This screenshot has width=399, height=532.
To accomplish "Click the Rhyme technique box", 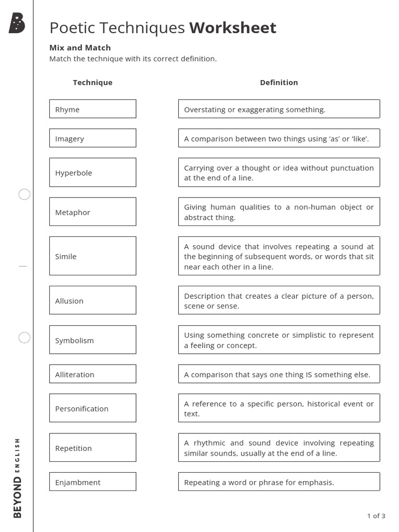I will coord(92,109).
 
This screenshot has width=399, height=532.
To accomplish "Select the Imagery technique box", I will coord(92,138).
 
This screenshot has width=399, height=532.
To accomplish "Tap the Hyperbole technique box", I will coord(92,172).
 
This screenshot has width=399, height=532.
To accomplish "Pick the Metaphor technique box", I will coord(92,212).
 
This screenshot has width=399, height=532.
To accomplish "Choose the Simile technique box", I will coord(92,256).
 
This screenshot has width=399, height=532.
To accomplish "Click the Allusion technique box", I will coord(92,300).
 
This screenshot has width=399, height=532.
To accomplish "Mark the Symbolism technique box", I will coord(92,340).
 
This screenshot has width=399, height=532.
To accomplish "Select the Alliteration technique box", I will coord(92,374).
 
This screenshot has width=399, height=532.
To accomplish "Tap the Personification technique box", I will coord(92,408).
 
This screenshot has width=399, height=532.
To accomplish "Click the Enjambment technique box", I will coord(92,482).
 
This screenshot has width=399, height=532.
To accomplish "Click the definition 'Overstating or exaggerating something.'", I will coord(278,109).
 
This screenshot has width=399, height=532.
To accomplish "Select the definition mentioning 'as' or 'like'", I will coord(278,138).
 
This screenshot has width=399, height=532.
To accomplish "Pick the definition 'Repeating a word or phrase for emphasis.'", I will coord(278,482).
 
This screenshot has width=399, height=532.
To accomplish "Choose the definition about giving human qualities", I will coord(278,212).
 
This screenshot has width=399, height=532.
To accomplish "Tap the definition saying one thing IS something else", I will coord(278,374).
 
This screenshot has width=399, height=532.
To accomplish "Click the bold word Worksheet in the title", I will coord(232,28).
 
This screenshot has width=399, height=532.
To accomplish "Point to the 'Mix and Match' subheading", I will coord(80,47).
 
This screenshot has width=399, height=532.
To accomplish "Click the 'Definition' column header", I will coord(279,82).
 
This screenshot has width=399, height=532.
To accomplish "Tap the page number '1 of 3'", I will coord(376,516).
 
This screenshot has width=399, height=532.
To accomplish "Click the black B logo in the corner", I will coord(17,23).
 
